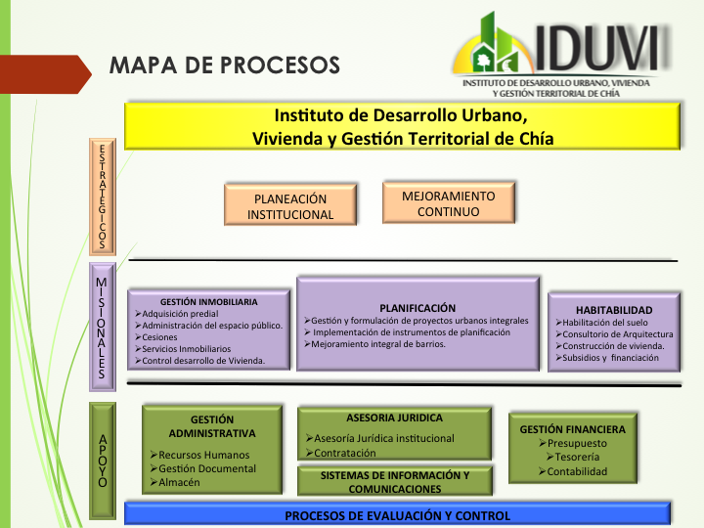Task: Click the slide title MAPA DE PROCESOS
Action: pos(225,66)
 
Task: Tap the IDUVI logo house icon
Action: pos(494,45)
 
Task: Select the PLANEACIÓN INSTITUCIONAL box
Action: pos(290,204)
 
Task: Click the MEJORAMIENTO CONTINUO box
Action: pos(449,202)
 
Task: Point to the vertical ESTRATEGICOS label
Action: pos(103,197)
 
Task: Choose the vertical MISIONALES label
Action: pos(103,327)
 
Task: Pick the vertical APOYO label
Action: pos(103,461)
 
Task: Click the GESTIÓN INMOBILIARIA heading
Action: pos(209,302)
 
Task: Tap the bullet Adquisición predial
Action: pos(176,314)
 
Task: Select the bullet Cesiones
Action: pos(155,337)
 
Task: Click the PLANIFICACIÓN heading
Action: pos(418,308)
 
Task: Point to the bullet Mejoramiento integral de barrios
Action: pos(374,344)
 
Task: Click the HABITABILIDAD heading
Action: pos(614,310)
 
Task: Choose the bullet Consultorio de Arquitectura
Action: pos(614,334)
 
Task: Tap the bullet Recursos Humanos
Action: pos(199,455)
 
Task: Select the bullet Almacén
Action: pos(175,482)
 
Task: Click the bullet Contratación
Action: pos(341,453)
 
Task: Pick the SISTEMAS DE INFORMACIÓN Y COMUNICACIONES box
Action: pos(395,481)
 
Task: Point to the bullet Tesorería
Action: pos(573,457)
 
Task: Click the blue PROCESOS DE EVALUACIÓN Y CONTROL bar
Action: pos(398,513)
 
